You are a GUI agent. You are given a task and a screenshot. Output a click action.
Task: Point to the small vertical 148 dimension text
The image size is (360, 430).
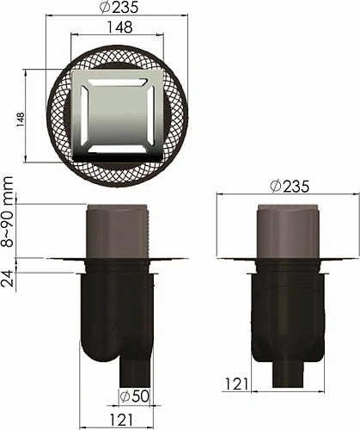coord(19,117)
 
